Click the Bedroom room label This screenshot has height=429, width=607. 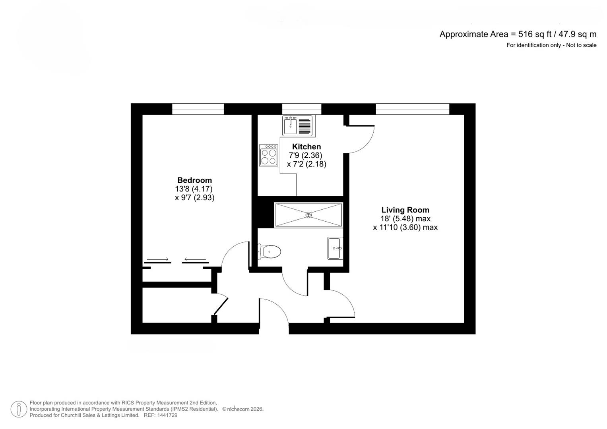(x=194, y=180)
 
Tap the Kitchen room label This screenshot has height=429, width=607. (x=306, y=147)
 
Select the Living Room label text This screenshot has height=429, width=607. (x=405, y=210)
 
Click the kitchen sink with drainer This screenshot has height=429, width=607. (x=299, y=126)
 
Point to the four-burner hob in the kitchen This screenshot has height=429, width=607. (x=268, y=155)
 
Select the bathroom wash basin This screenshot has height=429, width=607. (x=335, y=248)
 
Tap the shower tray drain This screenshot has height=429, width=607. (x=309, y=215)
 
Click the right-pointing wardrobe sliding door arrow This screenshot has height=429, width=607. (x=157, y=260)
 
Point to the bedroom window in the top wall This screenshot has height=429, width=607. (x=198, y=109)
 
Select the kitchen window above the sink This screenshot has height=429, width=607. (x=301, y=109)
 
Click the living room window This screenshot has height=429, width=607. (x=412, y=109)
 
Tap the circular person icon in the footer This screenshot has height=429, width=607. (x=19, y=409)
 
